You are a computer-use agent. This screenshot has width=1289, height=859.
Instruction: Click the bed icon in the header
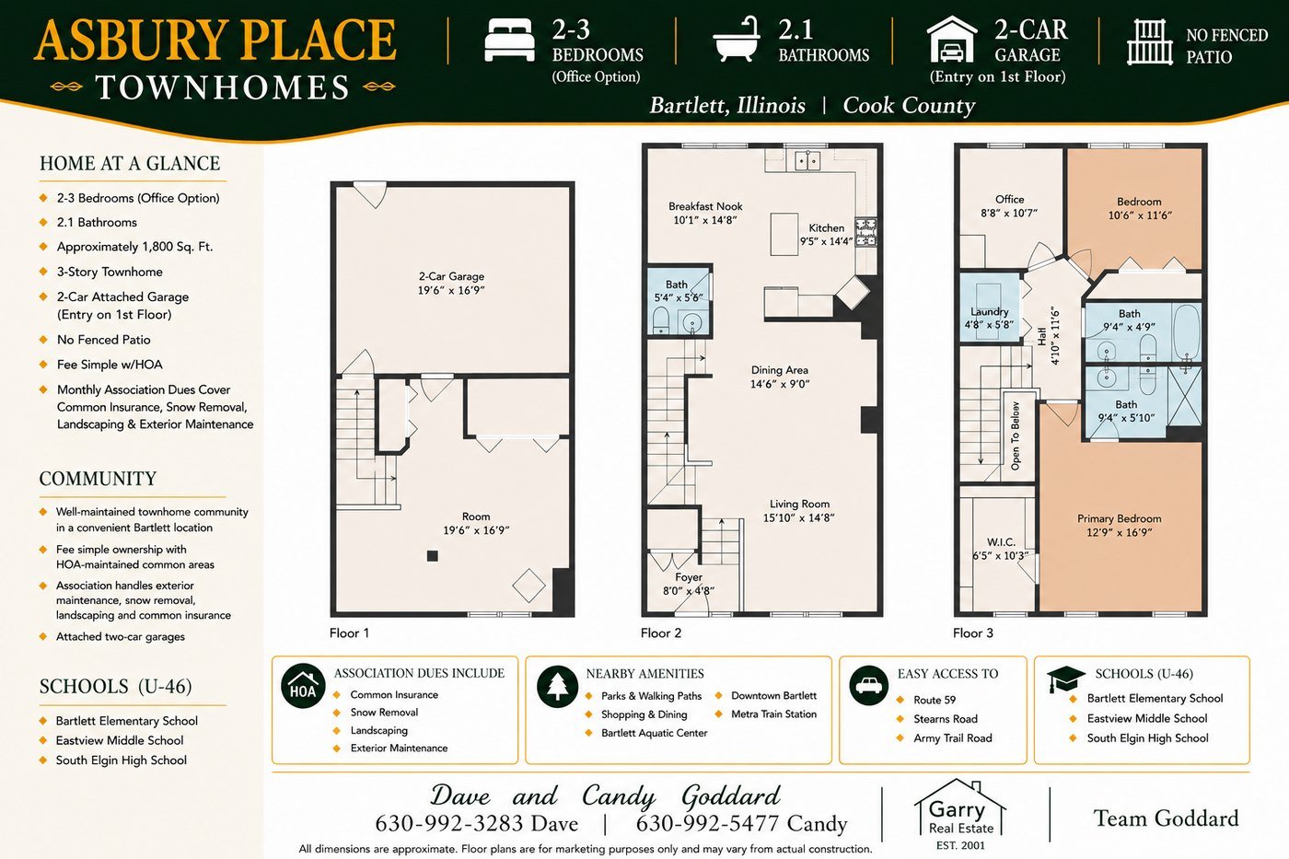tap(509, 40)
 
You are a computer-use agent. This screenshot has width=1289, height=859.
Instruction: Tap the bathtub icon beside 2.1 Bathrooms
tap(737, 39)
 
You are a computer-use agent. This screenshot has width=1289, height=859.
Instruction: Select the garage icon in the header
tap(952, 39)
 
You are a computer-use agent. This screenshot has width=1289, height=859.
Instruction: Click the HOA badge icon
tap(303, 687)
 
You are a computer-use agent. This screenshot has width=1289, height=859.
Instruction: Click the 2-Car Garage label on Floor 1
tap(451, 283)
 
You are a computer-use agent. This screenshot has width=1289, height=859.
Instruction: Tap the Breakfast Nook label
tap(705, 213)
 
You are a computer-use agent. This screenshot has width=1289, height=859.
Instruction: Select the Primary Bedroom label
tap(1120, 526)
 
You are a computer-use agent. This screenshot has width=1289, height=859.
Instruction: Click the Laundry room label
tap(989, 318)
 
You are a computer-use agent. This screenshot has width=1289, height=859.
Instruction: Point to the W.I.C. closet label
tap(1001, 549)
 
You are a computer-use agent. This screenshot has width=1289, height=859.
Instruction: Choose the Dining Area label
tap(780, 377)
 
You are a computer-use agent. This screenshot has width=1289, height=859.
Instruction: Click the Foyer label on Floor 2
tap(689, 584)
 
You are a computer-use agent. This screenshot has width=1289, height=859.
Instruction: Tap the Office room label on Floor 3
tap(1009, 205)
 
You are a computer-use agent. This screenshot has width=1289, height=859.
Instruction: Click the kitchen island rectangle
tap(784, 234)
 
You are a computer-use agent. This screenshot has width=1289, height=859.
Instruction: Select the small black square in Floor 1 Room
tap(432, 556)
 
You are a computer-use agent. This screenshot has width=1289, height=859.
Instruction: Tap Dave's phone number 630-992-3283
tap(477, 823)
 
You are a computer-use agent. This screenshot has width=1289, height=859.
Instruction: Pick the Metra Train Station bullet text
tap(774, 714)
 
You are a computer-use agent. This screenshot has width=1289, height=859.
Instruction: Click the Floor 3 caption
tap(973, 633)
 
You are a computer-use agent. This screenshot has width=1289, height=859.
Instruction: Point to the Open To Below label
tap(1015, 435)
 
